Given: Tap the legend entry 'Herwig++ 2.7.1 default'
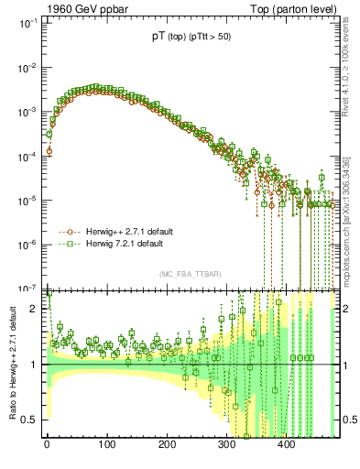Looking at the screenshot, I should click(127, 232).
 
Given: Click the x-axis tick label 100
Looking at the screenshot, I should click(106, 445).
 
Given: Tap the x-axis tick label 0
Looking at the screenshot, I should click(47, 445).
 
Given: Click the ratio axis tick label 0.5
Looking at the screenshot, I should click(31, 420).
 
